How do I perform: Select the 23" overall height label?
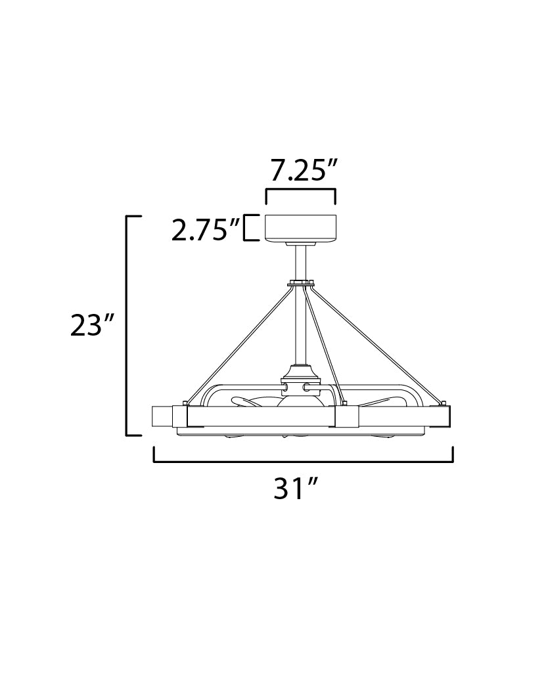[x=92, y=325]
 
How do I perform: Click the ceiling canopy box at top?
[x=301, y=228]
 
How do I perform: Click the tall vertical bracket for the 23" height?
[x=127, y=326]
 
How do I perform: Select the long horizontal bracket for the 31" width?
[x=304, y=461]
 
